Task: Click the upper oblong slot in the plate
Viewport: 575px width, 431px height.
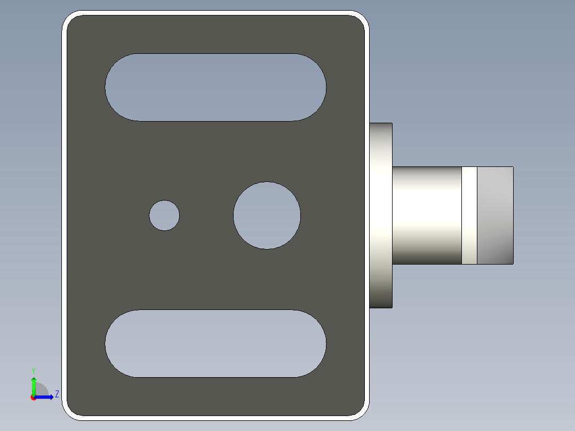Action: pyautogui.click(x=215, y=87)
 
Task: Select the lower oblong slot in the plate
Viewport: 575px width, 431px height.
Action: pyautogui.click(x=215, y=344)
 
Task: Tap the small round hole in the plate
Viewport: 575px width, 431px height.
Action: pyautogui.click(x=164, y=215)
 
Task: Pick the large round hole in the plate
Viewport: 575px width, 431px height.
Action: pyautogui.click(x=267, y=215)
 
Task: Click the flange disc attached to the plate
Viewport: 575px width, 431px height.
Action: pyautogui.click(x=381, y=215)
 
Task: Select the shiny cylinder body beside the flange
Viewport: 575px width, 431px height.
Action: pyautogui.click(x=427, y=215)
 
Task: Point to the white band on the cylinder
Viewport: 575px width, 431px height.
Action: pyautogui.click(x=469, y=215)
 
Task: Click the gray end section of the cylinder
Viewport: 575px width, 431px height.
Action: pyautogui.click(x=495, y=215)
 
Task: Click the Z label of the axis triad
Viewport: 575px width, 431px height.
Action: pyautogui.click(x=57, y=394)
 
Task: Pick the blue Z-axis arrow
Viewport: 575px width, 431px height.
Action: pyautogui.click(x=45, y=397)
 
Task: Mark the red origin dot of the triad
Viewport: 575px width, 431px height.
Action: pyautogui.click(x=33, y=397)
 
